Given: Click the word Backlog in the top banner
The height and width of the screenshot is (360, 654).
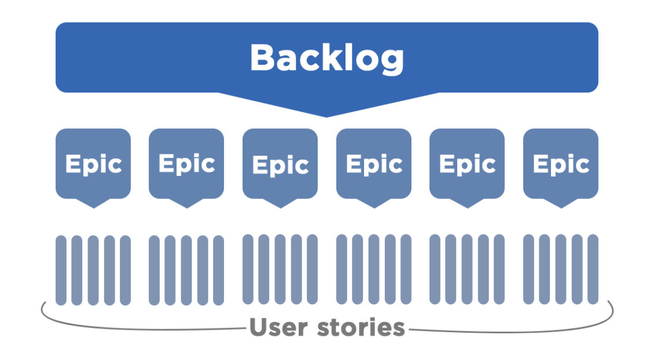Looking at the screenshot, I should pyautogui.click(x=326, y=57).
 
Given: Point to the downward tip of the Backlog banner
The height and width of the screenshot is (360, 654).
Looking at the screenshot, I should pyautogui.click(x=326, y=113).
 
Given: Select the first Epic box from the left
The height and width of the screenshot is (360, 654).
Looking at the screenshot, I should pyautogui.click(x=93, y=164).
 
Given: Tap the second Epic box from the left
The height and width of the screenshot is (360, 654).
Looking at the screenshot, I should pyautogui.click(x=186, y=164).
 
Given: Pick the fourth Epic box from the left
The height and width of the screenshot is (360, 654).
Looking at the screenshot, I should pyautogui.click(x=374, y=164).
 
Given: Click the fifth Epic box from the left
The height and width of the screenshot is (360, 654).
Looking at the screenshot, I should pyautogui.click(x=467, y=164).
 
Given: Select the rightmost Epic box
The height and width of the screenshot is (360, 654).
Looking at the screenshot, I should pyautogui.click(x=561, y=164).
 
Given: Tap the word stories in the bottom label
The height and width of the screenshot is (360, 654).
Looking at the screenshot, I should pyautogui.click(x=361, y=328).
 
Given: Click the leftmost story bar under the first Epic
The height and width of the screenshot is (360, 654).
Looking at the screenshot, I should pyautogui.click(x=61, y=270).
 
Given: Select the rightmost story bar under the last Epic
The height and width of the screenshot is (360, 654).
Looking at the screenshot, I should pyautogui.click(x=593, y=270).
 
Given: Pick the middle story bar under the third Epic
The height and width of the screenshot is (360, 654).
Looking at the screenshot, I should pyautogui.click(x=280, y=270).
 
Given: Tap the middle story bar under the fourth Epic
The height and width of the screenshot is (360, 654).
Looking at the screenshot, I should pyautogui.click(x=374, y=270).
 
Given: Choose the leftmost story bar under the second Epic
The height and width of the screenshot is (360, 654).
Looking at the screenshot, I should pyautogui.click(x=155, y=270).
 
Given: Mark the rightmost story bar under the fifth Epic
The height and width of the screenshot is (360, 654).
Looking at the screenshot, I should pyautogui.click(x=499, y=270).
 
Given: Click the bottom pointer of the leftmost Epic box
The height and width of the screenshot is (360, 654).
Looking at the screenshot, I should pyautogui.click(x=93, y=203).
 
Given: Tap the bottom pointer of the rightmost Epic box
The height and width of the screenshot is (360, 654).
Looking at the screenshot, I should pyautogui.click(x=561, y=203).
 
